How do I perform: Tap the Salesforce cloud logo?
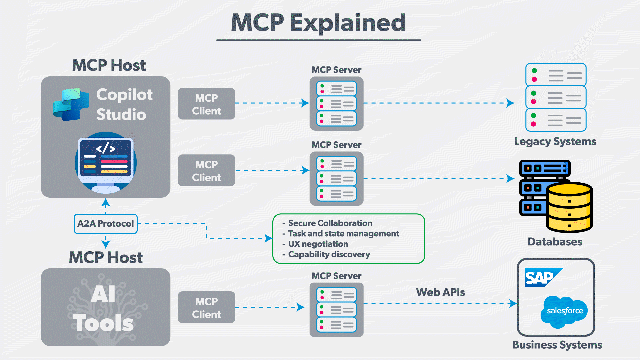pos(564,311)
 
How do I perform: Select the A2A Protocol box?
pos(105,224)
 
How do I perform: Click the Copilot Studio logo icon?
pos(71,104)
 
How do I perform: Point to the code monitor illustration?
pos(106,162)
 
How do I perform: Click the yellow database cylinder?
pos(569,207)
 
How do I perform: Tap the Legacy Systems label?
pos(555,141)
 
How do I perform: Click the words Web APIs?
pos(440,292)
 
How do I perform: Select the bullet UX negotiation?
pos(318,244)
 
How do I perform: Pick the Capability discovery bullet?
pos(329,254)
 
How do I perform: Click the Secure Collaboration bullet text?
pos(330,223)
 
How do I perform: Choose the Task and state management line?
pos(343,234)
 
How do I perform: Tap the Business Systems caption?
pos(557,345)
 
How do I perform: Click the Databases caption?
pos(555,242)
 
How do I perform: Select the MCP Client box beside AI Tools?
pos(206,307)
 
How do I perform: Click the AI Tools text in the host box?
pos(103,308)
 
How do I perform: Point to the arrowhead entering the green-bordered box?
pos(268,238)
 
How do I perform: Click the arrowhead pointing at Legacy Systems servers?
pos(510,103)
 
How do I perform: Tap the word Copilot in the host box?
pos(124,95)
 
